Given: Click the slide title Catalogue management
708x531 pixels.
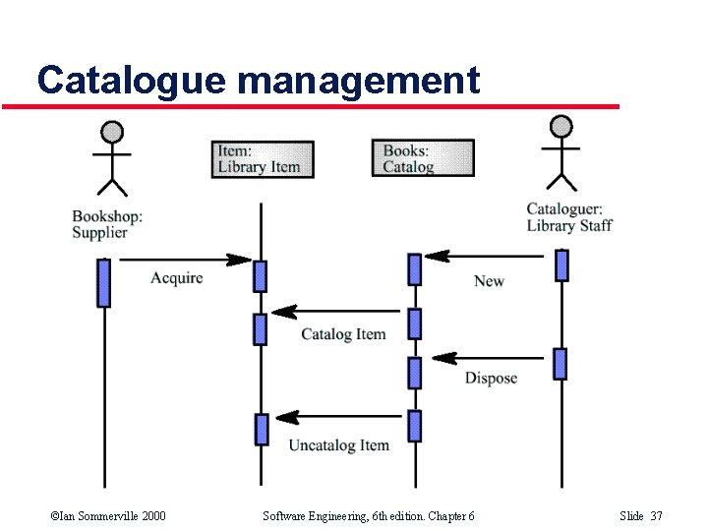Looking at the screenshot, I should (258, 80).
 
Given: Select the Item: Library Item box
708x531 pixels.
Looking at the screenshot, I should (263, 159).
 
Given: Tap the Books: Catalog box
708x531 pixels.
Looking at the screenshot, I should (422, 158).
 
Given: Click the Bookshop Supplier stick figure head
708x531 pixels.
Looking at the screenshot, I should (113, 131).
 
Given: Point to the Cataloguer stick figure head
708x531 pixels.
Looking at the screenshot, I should (560, 126).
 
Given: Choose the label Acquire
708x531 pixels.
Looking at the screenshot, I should (177, 278).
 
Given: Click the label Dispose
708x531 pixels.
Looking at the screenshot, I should (491, 379).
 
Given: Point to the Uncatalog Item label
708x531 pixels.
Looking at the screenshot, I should (338, 445).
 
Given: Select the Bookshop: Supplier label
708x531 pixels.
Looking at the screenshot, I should (107, 224).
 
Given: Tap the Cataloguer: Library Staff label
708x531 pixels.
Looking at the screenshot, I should (568, 217).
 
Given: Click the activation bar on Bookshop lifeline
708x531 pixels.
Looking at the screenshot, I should (103, 282).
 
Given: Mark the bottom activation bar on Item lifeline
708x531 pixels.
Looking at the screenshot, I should (262, 429).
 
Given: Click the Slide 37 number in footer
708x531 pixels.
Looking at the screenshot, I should (641, 516).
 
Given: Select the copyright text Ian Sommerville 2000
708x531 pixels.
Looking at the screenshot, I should (107, 516).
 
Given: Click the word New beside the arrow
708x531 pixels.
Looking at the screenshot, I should (489, 281).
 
